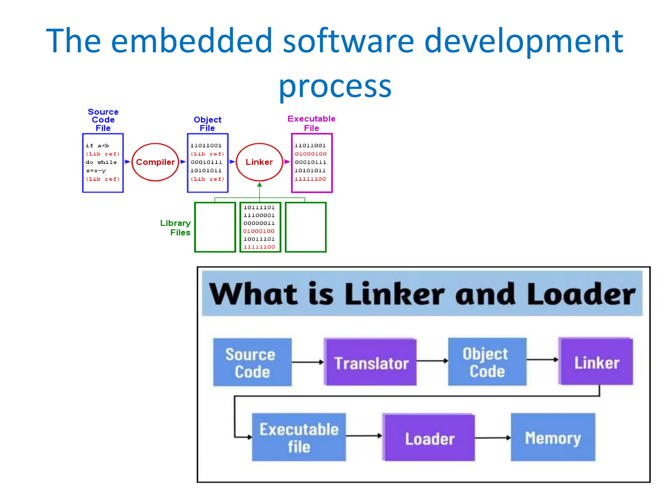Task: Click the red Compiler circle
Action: pyautogui.click(x=155, y=162)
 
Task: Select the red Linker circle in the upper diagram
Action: pyautogui.click(x=259, y=162)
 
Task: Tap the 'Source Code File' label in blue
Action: pyautogui.click(x=103, y=120)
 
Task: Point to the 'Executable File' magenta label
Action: pyautogui.click(x=311, y=123)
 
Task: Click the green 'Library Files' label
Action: pyautogui.click(x=176, y=228)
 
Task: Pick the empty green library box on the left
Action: pyautogui.click(x=215, y=227)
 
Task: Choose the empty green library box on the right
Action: pyautogui.click(x=306, y=227)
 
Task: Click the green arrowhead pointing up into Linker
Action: pyautogui.click(x=259, y=185)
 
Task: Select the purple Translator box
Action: pyautogui.click(x=371, y=363)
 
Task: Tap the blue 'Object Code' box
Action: pyautogui.click(x=487, y=362)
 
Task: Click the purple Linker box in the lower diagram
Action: pyautogui.click(x=596, y=362)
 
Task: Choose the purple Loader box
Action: pyautogui.click(x=429, y=438)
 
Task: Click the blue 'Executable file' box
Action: pyautogui.click(x=299, y=438)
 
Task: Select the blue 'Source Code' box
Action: pyautogui.click(x=252, y=363)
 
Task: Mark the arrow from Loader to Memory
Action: pyautogui.click(x=493, y=438)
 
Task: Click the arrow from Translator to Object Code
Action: pyautogui.click(x=432, y=361)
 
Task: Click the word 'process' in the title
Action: pyautogui.click(x=335, y=86)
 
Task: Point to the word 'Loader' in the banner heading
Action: pyautogui.click(x=581, y=294)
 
